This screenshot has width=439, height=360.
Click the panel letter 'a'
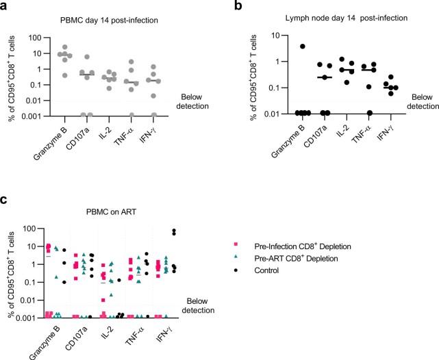tap(5, 8)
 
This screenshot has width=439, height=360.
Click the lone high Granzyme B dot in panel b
tap(283, 47)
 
